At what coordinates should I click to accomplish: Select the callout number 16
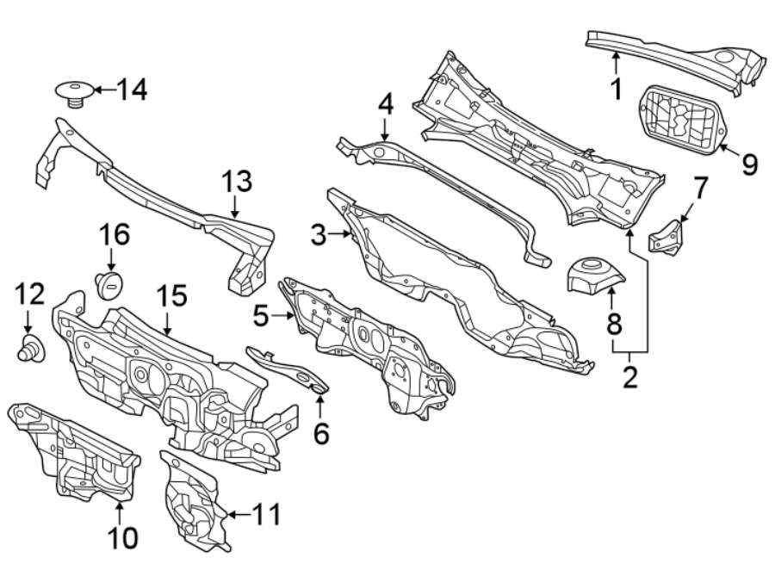(116, 234)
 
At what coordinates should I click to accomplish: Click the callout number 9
(748, 164)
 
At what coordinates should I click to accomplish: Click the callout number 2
(630, 376)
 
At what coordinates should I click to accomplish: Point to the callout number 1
(616, 87)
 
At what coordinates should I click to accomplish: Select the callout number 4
(385, 105)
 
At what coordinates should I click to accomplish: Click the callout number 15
(171, 297)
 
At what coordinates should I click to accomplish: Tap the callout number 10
(122, 538)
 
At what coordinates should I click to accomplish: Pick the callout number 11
(266, 515)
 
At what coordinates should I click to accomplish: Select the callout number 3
(319, 234)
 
